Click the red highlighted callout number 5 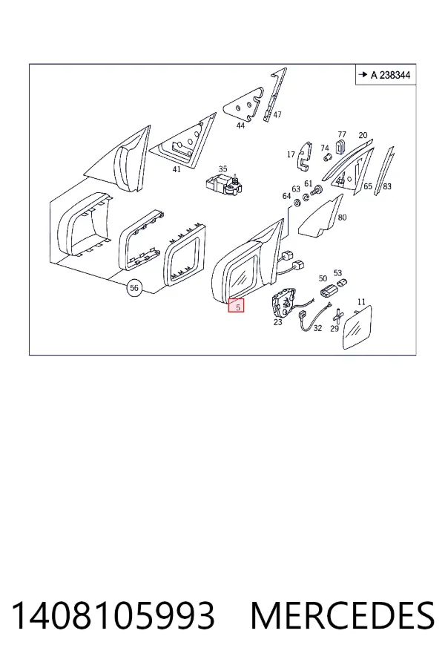[x=236, y=306]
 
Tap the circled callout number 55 [x=134, y=289]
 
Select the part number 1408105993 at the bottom [x=113, y=615]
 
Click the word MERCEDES [x=343, y=615]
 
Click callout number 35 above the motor [x=222, y=169]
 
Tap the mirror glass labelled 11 [x=357, y=327]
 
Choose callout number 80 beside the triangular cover [x=342, y=217]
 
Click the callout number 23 [x=277, y=322]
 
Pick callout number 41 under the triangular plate [x=177, y=169]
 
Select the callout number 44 [x=240, y=125]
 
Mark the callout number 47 [x=277, y=114]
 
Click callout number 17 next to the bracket [x=291, y=154]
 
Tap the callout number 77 [x=342, y=134]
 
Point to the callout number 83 [x=386, y=186]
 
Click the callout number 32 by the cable [x=317, y=328]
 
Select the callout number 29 [x=334, y=329]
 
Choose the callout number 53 [x=337, y=272]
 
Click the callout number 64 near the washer [x=286, y=195]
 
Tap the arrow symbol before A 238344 [x=363, y=74]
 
